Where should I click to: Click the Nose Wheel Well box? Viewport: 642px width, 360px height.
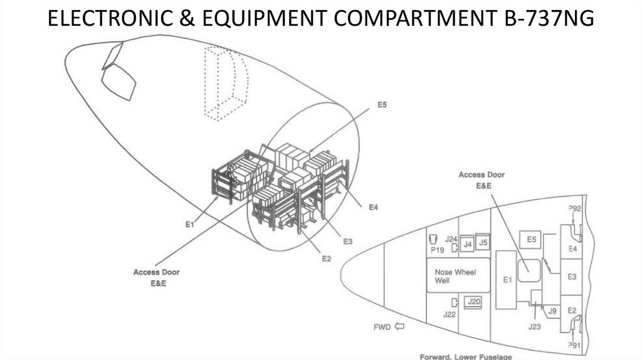click(458, 275)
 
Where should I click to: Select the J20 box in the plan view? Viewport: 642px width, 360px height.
click(474, 302)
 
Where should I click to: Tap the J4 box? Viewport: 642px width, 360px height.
click(467, 244)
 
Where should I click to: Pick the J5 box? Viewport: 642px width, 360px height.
click(482, 242)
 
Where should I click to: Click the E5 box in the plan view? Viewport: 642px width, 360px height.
click(531, 239)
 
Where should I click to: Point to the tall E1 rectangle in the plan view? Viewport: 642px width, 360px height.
click(506, 280)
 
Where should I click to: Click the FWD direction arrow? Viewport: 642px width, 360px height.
click(398, 326)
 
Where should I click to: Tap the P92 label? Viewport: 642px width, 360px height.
click(574, 208)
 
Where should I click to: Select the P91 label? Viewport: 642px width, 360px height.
click(574, 345)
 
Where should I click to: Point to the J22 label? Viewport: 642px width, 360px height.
click(449, 314)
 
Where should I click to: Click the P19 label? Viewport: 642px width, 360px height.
click(437, 250)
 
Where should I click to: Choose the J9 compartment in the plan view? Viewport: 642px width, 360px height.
click(552, 310)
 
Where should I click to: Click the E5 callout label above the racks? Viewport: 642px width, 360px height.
click(381, 105)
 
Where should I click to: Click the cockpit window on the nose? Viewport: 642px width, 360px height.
click(119, 82)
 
